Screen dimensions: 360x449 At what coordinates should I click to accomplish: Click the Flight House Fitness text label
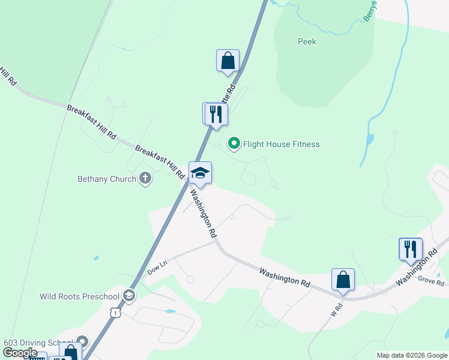point(281,144)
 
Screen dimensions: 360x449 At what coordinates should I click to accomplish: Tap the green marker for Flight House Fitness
point(234,143)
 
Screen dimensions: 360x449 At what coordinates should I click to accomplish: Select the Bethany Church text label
point(107,179)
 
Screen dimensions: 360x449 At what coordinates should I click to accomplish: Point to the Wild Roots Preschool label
point(80,296)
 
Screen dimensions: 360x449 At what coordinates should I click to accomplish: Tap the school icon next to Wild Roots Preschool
point(128,295)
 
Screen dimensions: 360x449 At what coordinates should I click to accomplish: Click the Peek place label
point(307,42)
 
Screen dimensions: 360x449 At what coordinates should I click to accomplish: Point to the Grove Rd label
point(431,281)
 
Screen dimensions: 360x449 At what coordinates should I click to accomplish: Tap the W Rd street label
point(335,310)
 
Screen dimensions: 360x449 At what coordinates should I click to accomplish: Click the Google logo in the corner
point(19,353)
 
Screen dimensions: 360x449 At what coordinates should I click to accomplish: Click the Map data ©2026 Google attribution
point(412,355)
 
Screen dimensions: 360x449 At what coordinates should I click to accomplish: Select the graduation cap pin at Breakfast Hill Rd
point(200,173)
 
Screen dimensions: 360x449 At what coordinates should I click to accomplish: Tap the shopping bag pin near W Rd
point(343,280)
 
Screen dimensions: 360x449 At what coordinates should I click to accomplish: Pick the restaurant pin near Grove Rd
point(411,249)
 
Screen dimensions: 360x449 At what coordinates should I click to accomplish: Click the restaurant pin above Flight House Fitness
point(215,114)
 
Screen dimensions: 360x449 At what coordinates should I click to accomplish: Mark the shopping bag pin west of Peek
point(228,61)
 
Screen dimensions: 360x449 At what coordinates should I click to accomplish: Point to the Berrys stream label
point(370,11)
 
